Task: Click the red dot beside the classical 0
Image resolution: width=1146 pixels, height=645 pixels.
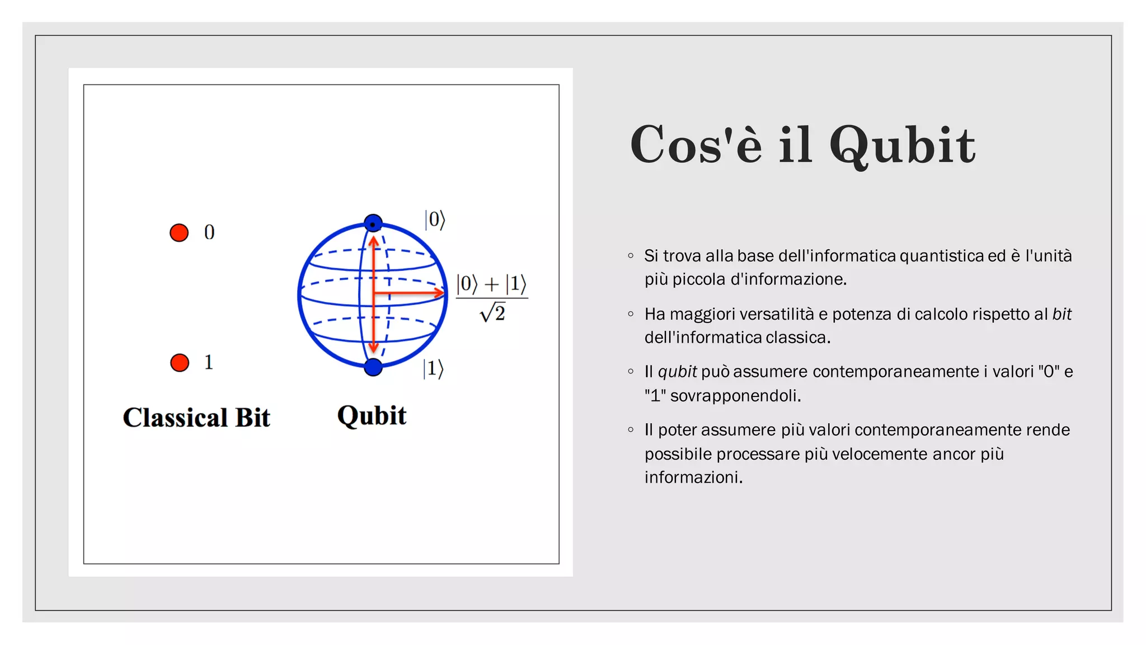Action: [x=179, y=233]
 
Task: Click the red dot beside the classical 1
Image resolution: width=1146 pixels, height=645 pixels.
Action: [x=180, y=363]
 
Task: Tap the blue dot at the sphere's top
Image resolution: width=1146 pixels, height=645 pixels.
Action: [x=373, y=223]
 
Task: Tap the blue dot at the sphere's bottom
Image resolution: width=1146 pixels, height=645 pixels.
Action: [x=373, y=367]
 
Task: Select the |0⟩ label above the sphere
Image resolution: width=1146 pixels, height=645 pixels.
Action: [x=435, y=220]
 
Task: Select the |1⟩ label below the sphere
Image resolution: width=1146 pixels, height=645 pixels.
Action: [x=433, y=369]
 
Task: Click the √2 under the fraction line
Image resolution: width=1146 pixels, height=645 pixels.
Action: [x=492, y=312]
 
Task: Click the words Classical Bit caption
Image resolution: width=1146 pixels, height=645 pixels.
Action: [x=196, y=418]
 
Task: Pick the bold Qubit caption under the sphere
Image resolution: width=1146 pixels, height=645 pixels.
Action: [x=372, y=416]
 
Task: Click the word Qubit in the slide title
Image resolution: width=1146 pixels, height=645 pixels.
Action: [x=902, y=146]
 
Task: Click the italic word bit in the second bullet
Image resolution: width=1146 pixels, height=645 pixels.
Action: [x=1062, y=314]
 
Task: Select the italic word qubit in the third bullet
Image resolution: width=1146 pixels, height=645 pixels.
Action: [x=677, y=372]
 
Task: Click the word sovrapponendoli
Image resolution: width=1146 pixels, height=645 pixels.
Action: [x=735, y=396]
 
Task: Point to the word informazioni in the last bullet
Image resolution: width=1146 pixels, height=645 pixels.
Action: [x=693, y=478]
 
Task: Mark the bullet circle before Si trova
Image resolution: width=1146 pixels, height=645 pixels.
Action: [x=631, y=256]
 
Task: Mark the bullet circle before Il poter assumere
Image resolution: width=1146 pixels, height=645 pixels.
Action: [x=631, y=430]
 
